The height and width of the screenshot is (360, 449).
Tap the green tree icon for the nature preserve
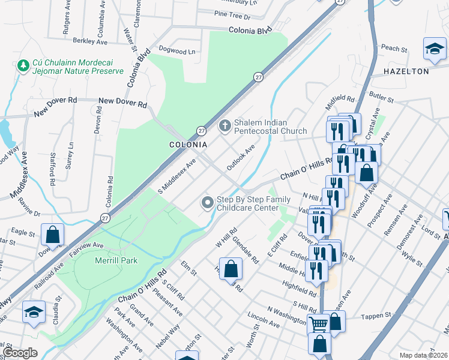click(23, 64)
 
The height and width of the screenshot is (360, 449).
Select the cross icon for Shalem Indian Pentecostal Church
click(224, 125)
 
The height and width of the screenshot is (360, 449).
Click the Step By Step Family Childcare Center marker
click(208, 202)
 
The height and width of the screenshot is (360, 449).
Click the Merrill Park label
click(116, 260)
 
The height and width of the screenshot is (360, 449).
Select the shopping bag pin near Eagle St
click(52, 235)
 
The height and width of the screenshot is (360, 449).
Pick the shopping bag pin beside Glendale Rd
click(231, 268)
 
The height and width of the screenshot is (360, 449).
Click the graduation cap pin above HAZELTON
click(435, 49)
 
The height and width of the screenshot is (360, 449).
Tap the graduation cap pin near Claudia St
click(34, 311)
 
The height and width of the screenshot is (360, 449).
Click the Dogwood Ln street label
click(177, 51)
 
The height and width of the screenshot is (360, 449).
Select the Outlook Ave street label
click(241, 156)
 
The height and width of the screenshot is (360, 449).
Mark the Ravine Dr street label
click(28, 213)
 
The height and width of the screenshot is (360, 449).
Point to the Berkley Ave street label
click(89, 41)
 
